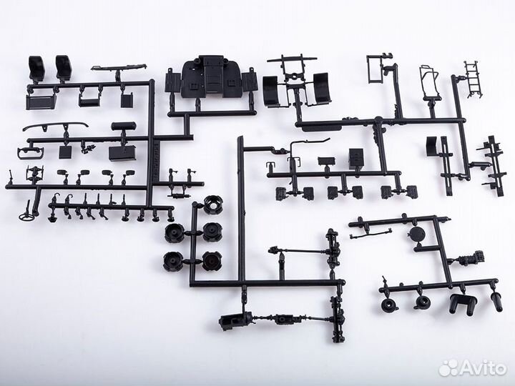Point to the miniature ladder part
[x=474, y=79]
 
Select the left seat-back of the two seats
[x=36, y=67]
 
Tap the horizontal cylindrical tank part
[x=123, y=126]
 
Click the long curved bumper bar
[x=56, y=126]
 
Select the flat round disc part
[x=417, y=234]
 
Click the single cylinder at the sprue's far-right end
[x=496, y=302]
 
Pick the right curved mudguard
[x=322, y=89]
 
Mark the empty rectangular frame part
[x=374, y=69]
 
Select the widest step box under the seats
[x=39, y=102]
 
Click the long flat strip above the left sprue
[x=118, y=67]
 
